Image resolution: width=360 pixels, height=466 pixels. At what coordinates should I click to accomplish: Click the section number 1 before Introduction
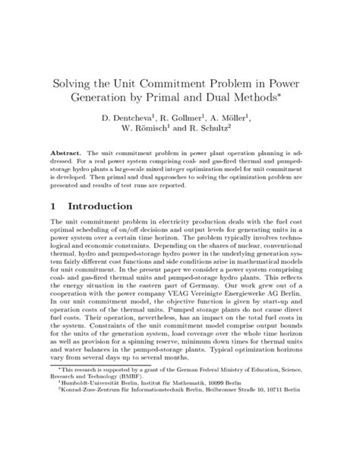52,207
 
